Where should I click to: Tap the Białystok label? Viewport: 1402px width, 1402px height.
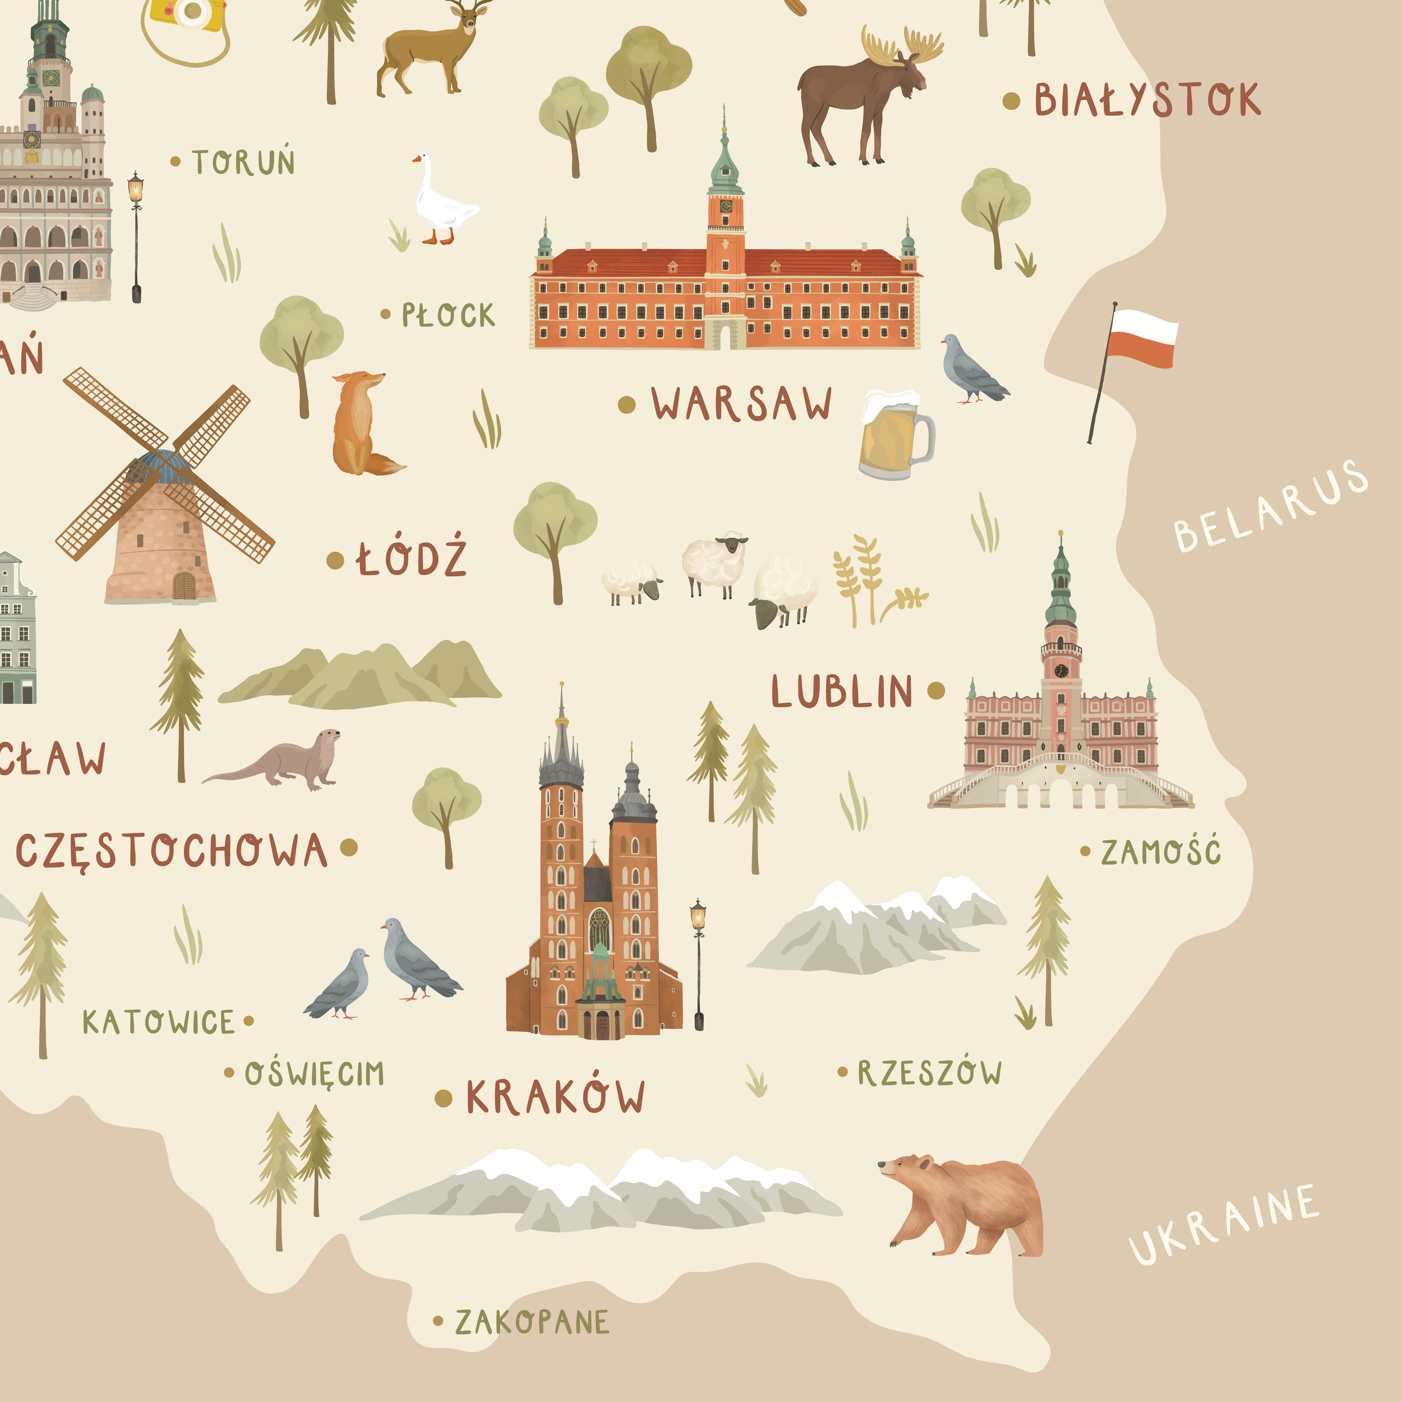click(1147, 100)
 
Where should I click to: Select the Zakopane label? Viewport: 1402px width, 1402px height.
click(532, 1322)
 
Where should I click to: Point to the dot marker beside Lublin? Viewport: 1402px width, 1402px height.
click(936, 690)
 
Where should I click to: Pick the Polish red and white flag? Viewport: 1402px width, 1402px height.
click(1141, 338)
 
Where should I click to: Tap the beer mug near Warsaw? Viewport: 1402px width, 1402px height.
click(894, 435)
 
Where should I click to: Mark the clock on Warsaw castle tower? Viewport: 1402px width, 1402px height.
click(726, 206)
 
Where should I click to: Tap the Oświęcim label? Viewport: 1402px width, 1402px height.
click(313, 1074)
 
